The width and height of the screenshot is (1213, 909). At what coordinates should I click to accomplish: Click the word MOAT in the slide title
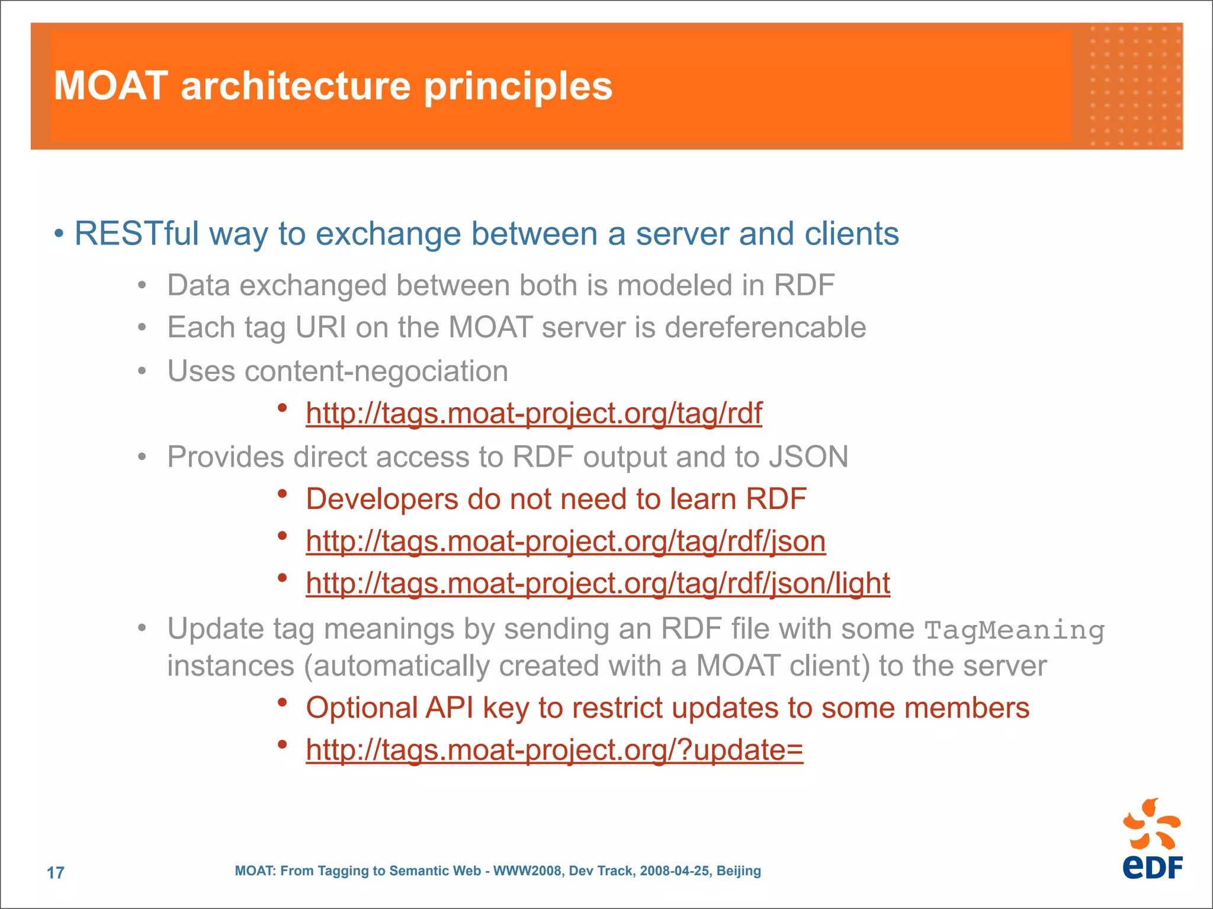pyautogui.click(x=110, y=86)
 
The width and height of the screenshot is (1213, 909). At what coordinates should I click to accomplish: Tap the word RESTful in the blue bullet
pyautogui.click(x=137, y=234)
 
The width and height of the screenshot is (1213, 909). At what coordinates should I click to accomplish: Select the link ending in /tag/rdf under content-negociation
pyautogui.click(x=534, y=413)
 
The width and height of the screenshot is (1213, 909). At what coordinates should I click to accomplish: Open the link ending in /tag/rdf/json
pyautogui.click(x=566, y=541)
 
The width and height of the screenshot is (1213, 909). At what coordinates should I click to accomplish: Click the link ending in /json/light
pyautogui.click(x=598, y=584)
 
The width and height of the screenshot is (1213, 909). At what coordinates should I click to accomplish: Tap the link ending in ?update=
pyautogui.click(x=554, y=750)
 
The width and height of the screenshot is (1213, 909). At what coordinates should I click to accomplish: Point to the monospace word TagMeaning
pyautogui.click(x=1014, y=630)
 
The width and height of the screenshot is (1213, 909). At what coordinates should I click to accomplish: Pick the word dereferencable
pyautogui.click(x=765, y=327)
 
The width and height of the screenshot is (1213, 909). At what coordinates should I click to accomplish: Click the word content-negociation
pyautogui.click(x=376, y=372)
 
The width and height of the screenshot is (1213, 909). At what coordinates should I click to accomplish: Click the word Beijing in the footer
pyautogui.click(x=738, y=871)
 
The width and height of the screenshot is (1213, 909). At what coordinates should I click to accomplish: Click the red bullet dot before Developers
pyautogui.click(x=283, y=494)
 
